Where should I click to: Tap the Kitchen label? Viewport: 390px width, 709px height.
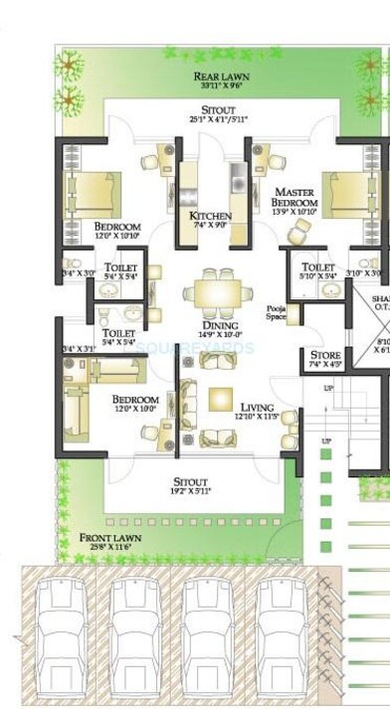210,216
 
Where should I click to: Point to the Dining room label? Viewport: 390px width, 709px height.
218,325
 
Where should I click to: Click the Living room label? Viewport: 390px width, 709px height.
258,408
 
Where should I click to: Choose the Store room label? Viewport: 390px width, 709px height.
325,355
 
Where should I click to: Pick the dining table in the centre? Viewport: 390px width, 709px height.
217,292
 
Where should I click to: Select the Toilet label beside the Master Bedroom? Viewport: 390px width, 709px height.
317,266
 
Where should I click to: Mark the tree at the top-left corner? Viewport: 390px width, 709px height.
70,67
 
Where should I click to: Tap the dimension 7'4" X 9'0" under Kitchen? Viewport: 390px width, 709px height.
210,227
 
